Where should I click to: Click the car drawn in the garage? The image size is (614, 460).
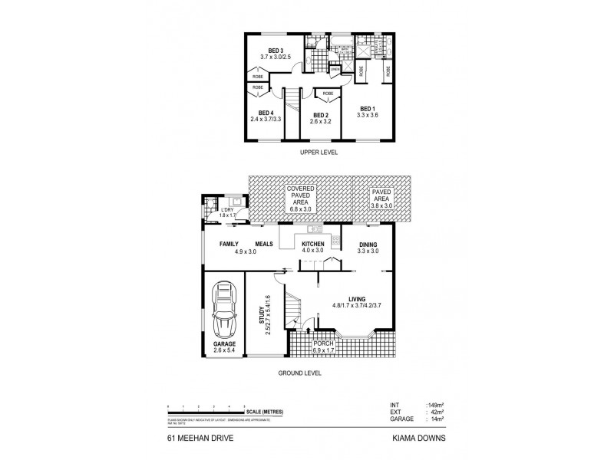pos(223,313)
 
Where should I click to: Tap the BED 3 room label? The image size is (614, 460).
pos(267,51)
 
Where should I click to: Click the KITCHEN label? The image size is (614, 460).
pos(312,244)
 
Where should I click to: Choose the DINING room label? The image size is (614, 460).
pos(369,244)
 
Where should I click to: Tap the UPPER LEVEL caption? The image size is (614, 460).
pos(318,152)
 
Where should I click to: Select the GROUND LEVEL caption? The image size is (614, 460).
pos(301,373)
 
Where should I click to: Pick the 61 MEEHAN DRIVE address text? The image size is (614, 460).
pos(195,439)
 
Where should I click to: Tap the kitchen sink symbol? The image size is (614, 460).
pos(314,229)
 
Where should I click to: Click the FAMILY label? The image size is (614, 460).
pos(229,244)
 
